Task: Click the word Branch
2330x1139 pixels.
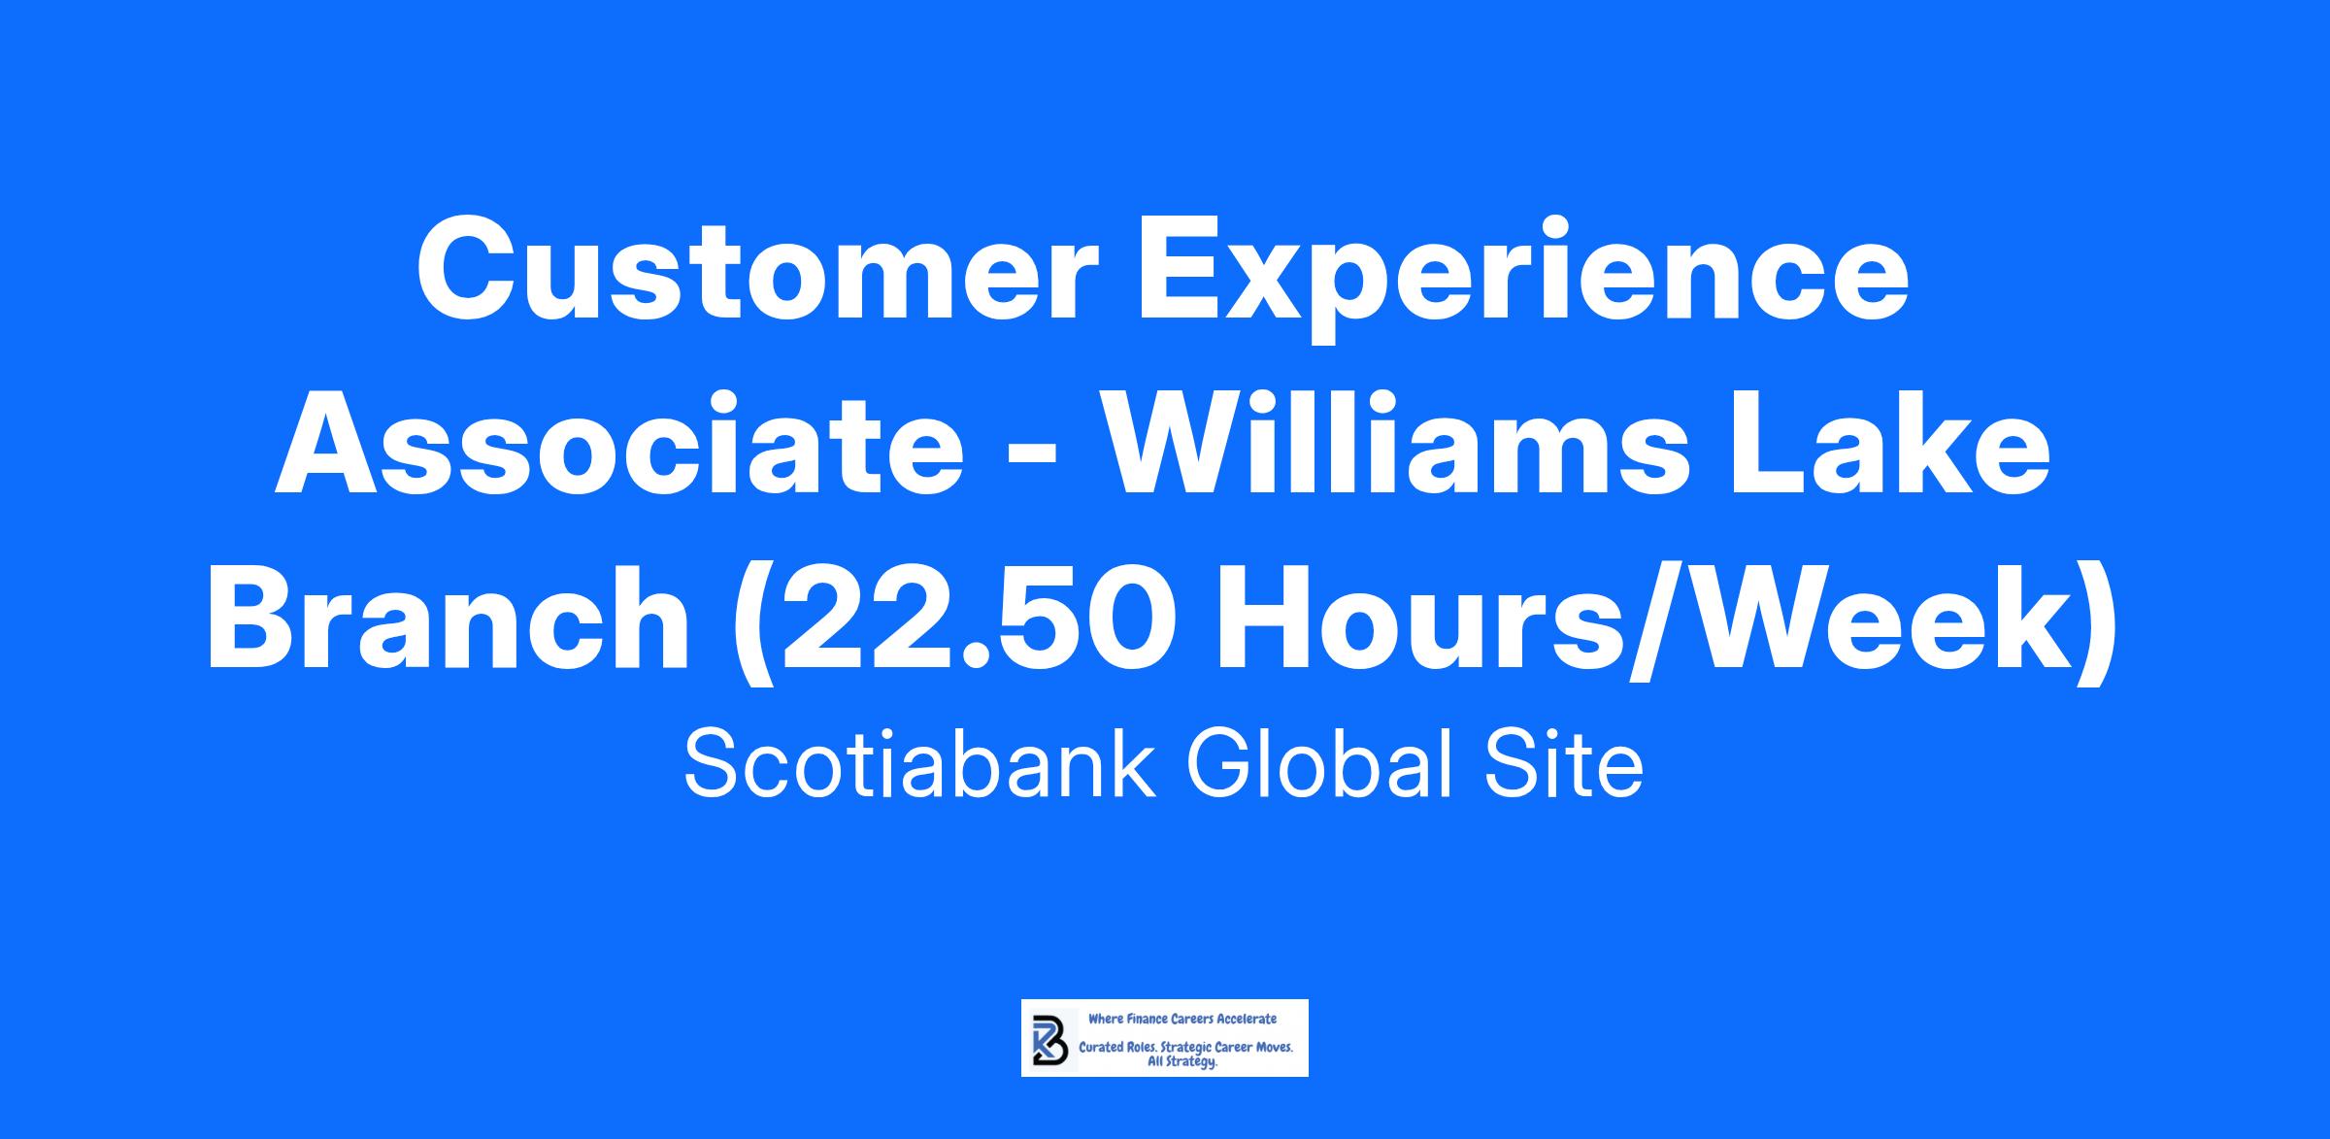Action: click(448, 619)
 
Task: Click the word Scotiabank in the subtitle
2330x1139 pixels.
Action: click(920, 763)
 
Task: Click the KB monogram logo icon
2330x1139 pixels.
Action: click(1049, 1040)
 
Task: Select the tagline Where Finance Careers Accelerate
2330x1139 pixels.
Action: click(1182, 1020)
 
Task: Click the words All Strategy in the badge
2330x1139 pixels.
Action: click(1182, 1063)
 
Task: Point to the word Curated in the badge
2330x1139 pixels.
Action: click(1103, 1049)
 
